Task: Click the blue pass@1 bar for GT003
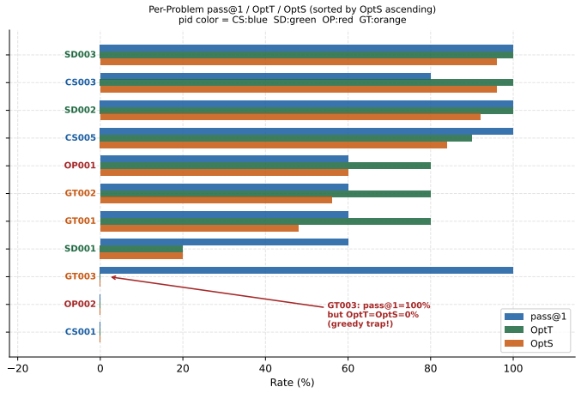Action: click(x=306, y=270)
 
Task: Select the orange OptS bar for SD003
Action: click(x=299, y=62)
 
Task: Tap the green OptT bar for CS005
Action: click(x=286, y=138)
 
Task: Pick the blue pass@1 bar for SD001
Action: click(x=224, y=242)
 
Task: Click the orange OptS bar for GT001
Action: click(x=199, y=228)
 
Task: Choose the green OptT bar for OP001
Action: click(x=265, y=166)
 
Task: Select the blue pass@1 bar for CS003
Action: click(x=265, y=76)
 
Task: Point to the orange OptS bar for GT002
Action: click(x=215, y=200)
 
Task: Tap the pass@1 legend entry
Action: click(x=536, y=317)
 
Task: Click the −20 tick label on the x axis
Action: click(x=17, y=369)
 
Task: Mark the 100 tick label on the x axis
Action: click(x=513, y=369)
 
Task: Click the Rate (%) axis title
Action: click(x=292, y=382)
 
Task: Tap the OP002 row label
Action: click(x=80, y=304)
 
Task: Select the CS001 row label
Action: click(x=81, y=331)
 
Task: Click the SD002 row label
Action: click(x=80, y=110)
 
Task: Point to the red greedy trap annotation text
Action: click(x=378, y=315)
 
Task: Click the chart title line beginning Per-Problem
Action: click(x=292, y=9)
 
